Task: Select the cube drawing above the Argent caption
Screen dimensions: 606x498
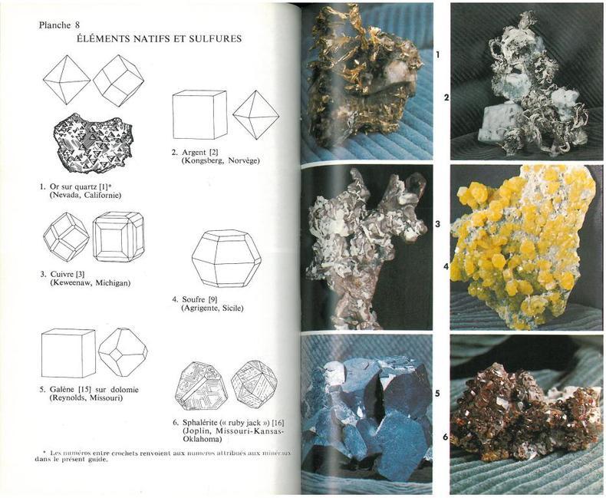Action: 199,114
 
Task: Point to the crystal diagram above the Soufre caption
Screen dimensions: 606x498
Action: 226,259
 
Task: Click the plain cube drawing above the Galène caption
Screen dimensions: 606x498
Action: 68,353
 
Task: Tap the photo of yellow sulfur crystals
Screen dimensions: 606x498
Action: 527,247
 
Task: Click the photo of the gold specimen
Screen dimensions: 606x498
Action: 367,83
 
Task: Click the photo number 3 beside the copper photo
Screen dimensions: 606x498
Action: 437,224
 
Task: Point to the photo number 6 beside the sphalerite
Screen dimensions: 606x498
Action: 446,437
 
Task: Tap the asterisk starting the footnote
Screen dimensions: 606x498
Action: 44,452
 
